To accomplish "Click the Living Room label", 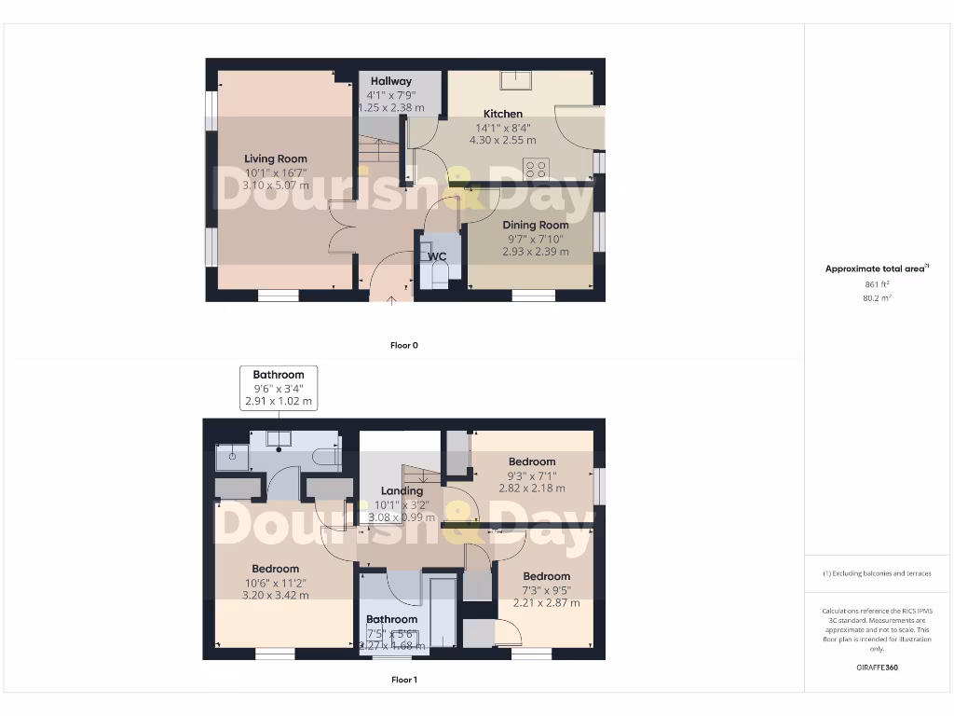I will pos(276,158).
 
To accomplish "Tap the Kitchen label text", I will pos(502,114).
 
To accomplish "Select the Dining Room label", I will pos(535,225).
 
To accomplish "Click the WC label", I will pos(437,256).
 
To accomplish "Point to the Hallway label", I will pos(390,81).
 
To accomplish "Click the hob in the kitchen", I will pos(536,169).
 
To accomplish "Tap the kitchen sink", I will pos(515,80).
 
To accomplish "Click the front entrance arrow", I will pos(391,299).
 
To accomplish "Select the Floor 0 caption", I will pos(403,345).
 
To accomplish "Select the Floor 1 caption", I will pos(403,680).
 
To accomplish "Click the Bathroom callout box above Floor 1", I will pos(279,388).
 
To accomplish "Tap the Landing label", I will pos(402,490).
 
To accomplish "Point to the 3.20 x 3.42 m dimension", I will pos(276,595).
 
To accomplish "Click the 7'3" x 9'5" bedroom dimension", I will pos(546,590).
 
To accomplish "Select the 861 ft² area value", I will pos(877,283).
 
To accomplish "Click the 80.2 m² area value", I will pos(877,298).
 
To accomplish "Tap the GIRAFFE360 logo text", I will pos(877,668).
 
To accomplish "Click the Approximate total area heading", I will pos(877,268).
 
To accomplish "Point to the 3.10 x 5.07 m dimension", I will pos(276,186).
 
